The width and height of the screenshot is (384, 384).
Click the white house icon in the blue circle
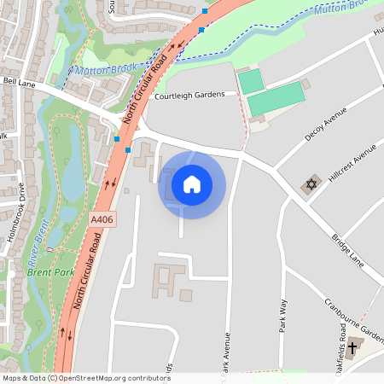192,183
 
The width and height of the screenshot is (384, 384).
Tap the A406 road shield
102,220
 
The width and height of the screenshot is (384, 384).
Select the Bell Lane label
20,82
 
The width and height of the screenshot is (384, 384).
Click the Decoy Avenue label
326,125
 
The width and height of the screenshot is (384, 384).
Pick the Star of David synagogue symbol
311,186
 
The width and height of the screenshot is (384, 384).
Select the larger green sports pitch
276,99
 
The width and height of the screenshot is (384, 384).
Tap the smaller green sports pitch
250,81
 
